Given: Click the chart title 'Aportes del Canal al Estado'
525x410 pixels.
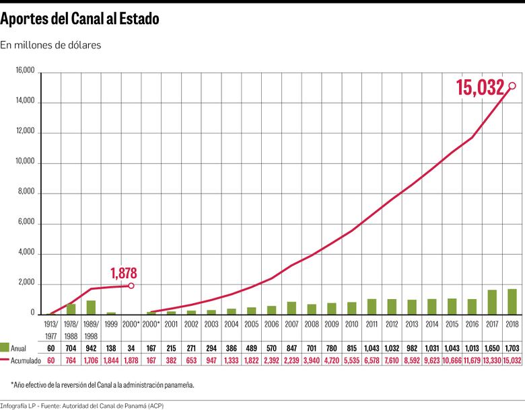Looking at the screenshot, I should pos(80,19).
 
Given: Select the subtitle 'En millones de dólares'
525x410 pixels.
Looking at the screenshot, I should pos(51,46).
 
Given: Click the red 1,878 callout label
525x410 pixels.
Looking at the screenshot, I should pos(123,273).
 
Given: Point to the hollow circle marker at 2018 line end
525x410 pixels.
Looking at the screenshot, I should pos(512,85).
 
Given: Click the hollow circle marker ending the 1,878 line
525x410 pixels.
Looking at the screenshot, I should pos(131,286).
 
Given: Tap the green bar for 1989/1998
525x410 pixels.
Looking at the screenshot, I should pos(91,307).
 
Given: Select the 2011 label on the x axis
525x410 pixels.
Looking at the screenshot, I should pos(372,324).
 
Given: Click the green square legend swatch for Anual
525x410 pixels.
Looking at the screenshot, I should pos(5,347).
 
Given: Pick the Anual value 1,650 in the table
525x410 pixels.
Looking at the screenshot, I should pos(492,347).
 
